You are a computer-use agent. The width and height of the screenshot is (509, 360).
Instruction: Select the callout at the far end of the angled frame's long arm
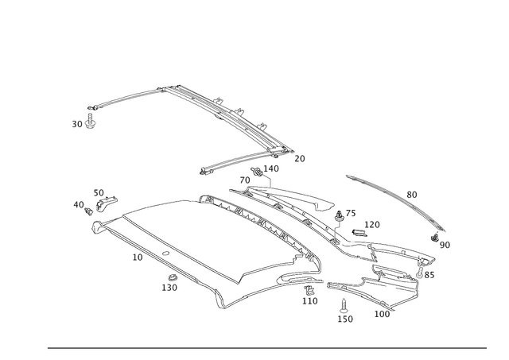coord(300,159)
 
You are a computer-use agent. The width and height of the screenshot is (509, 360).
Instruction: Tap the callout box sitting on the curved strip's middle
coord(410,192)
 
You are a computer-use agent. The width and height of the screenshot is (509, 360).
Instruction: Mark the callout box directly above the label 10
coord(99,192)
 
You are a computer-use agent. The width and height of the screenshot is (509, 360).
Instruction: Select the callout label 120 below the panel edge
coord(137,256)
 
